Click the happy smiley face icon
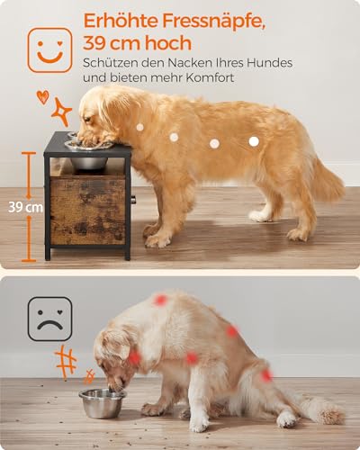(x=49, y=49)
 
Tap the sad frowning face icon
(x=49, y=319)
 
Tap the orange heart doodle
(x=42, y=95)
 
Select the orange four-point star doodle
(x=61, y=112)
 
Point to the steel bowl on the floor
(x=102, y=403)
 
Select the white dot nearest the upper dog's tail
(x=253, y=140)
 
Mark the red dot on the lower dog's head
(x=134, y=357)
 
